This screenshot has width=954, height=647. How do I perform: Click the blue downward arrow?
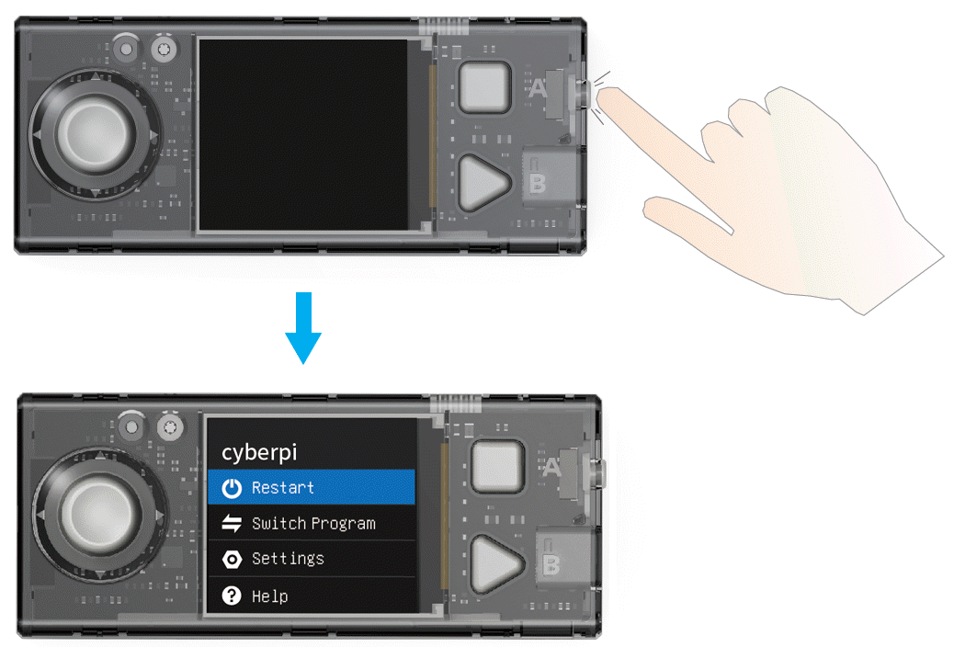click(303, 327)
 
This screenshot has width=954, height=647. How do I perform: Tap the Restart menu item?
click(312, 487)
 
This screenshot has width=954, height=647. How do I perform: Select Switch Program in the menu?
click(312, 523)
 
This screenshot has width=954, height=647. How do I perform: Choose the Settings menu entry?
click(312, 559)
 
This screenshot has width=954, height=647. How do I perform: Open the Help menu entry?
click(312, 596)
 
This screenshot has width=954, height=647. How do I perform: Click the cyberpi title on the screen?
click(259, 453)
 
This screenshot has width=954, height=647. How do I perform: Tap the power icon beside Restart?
click(232, 487)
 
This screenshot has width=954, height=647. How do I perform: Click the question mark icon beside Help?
click(232, 596)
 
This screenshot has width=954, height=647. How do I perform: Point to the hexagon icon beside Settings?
click(232, 560)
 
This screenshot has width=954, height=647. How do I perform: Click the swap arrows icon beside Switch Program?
click(232, 524)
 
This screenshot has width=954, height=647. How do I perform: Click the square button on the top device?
click(484, 86)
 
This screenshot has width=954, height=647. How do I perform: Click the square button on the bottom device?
click(498, 466)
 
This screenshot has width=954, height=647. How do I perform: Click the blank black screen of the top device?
click(303, 134)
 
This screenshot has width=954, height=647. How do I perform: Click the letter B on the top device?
click(537, 183)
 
